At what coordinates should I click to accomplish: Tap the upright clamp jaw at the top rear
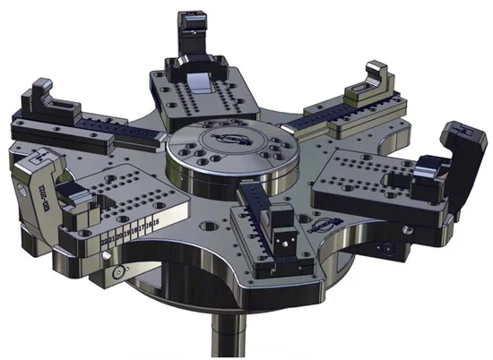tap(193, 37)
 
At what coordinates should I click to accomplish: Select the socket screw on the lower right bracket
tap(385, 245)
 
